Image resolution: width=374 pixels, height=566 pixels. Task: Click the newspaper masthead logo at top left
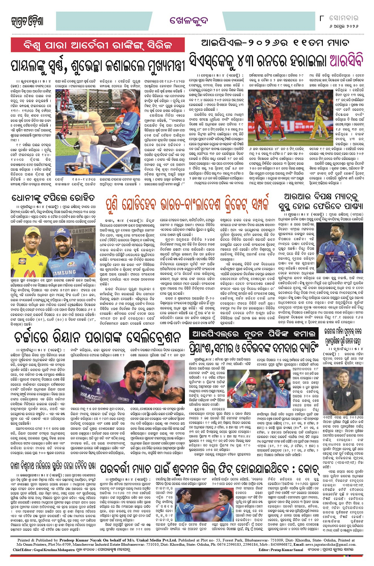pyautogui.click(x=27, y=21)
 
